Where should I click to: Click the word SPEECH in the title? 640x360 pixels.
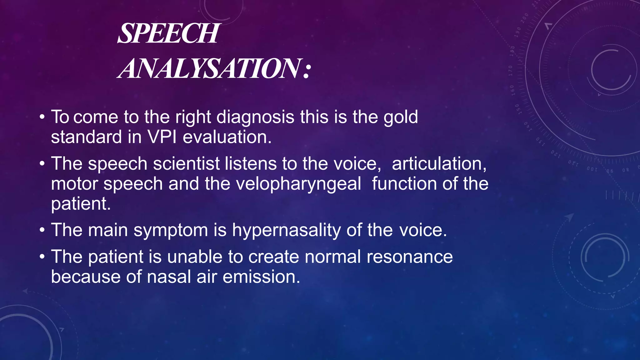tap(168, 33)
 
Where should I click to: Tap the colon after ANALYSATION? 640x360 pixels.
tap(307, 70)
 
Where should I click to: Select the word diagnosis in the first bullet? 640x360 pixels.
tap(255, 117)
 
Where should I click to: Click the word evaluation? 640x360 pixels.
tap(227, 137)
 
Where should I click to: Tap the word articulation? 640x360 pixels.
tap(439, 164)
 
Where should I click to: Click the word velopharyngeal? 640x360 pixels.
tap(298, 184)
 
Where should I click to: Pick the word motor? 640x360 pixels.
tap(74, 184)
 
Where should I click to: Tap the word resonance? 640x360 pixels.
tap(409, 257)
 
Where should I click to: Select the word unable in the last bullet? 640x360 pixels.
tap(194, 257)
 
